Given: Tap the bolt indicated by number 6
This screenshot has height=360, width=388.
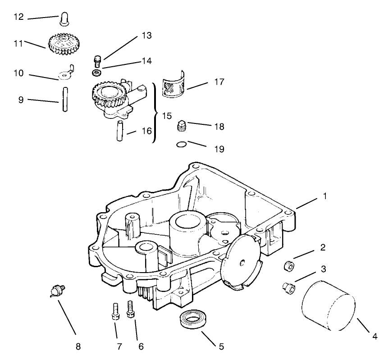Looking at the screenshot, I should pyautogui.click(x=131, y=309).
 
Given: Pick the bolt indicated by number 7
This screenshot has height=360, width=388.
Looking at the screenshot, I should pyautogui.click(x=115, y=311).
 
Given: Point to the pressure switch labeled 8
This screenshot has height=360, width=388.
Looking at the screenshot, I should pyautogui.click(x=57, y=290).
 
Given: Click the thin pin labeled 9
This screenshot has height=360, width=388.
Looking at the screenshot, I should pyautogui.click(x=65, y=100).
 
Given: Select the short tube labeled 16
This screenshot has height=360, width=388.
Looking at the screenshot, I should pyautogui.click(x=121, y=131).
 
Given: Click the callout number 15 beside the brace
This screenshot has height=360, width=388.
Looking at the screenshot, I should pyautogui.click(x=166, y=116).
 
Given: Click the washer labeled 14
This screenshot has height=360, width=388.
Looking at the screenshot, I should pyautogui.click(x=96, y=73).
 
